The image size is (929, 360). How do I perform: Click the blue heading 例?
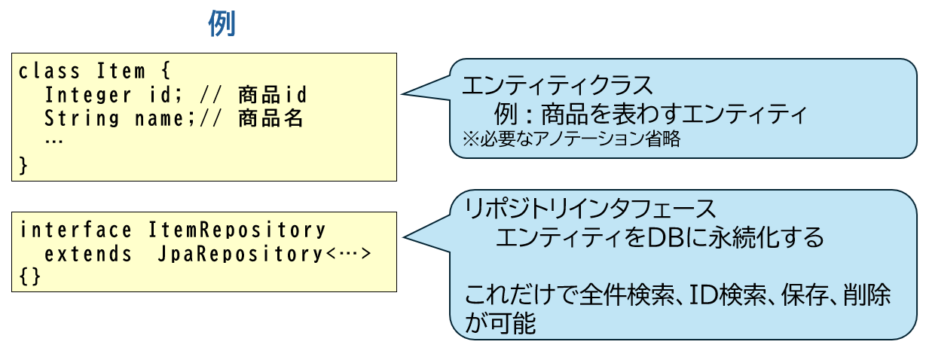(x=222, y=24)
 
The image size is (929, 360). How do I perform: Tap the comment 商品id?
(x=273, y=96)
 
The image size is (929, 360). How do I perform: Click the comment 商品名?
(x=270, y=119)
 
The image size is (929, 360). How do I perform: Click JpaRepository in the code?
(x=240, y=254)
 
